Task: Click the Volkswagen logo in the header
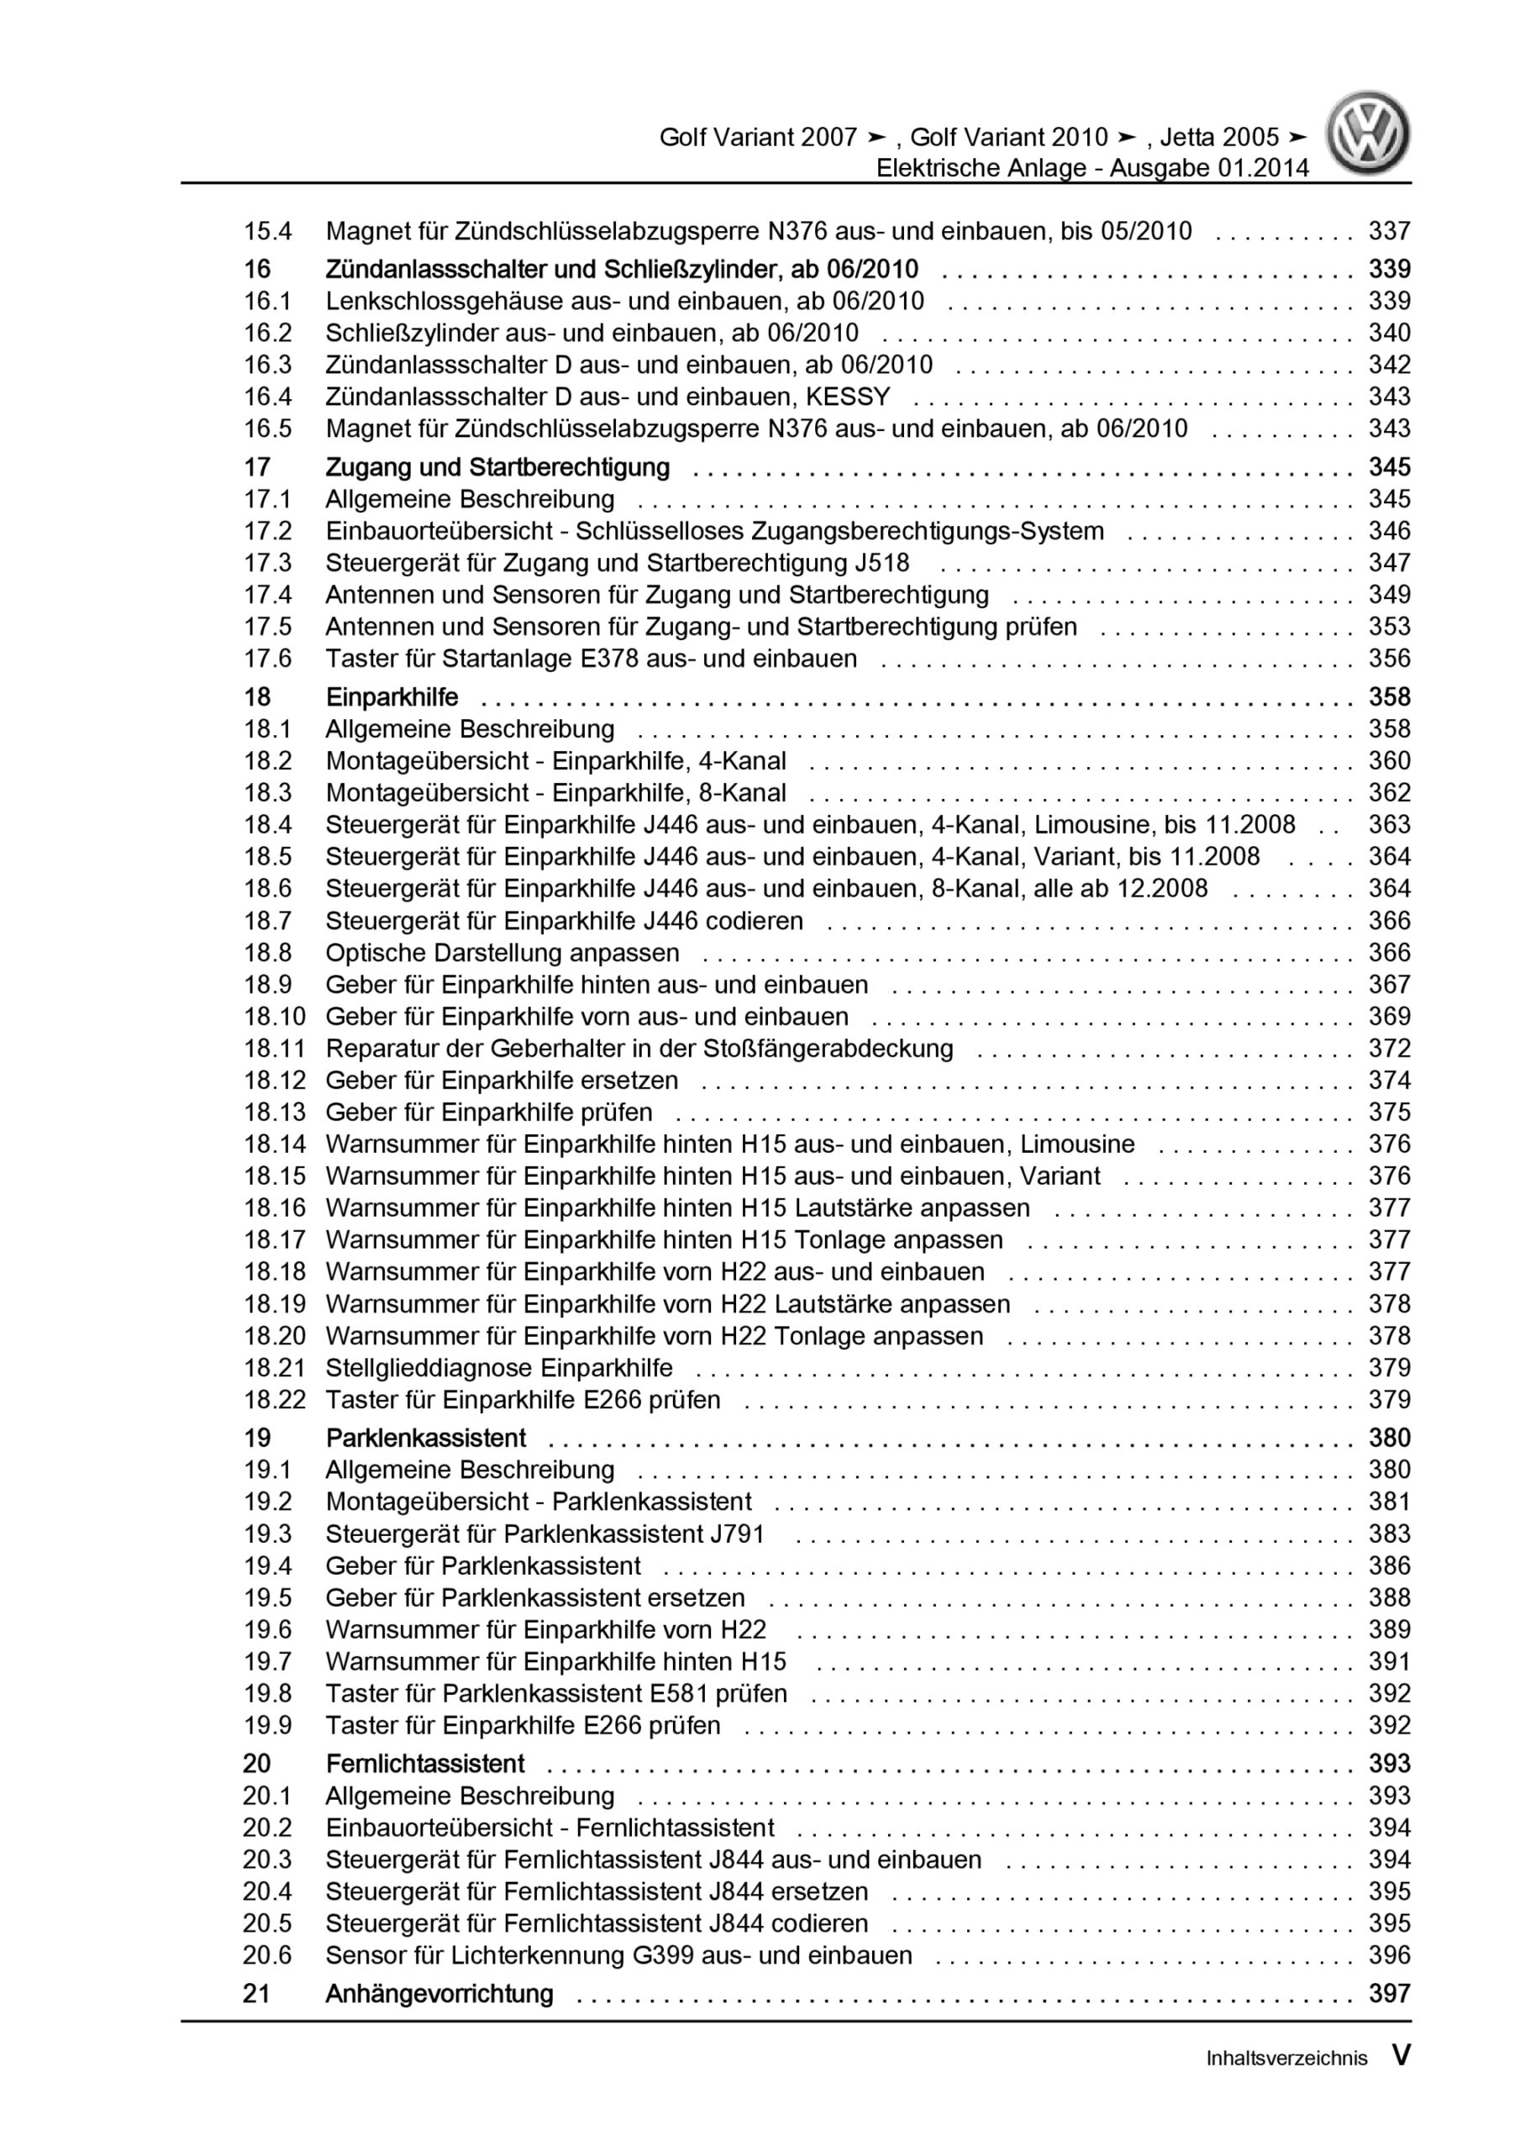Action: [x=1368, y=133]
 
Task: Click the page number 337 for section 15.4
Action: [x=1389, y=230]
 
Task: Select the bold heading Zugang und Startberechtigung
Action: [x=497, y=466]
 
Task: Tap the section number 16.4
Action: [x=267, y=397]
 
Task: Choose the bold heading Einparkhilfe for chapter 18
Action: [x=392, y=697]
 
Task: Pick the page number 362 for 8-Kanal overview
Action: [x=1389, y=792]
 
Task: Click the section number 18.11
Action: [x=275, y=1049]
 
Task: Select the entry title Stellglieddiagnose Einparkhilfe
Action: [x=498, y=1368]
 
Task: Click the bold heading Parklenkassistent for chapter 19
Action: [x=425, y=1438]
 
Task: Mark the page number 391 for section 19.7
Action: [x=1389, y=1661]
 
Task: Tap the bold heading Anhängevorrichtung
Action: [x=439, y=1994]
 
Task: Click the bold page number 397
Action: [x=1389, y=1994]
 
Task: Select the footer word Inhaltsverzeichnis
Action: [x=1286, y=2059]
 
